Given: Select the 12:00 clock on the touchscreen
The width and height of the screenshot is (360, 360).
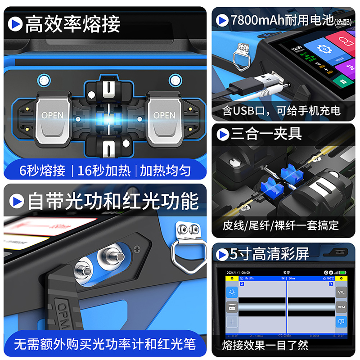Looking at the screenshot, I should point(297,48).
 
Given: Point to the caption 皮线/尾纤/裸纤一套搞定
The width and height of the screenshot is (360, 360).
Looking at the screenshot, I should point(281,225).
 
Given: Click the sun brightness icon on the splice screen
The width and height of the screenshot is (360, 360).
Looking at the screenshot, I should point(232,292).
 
